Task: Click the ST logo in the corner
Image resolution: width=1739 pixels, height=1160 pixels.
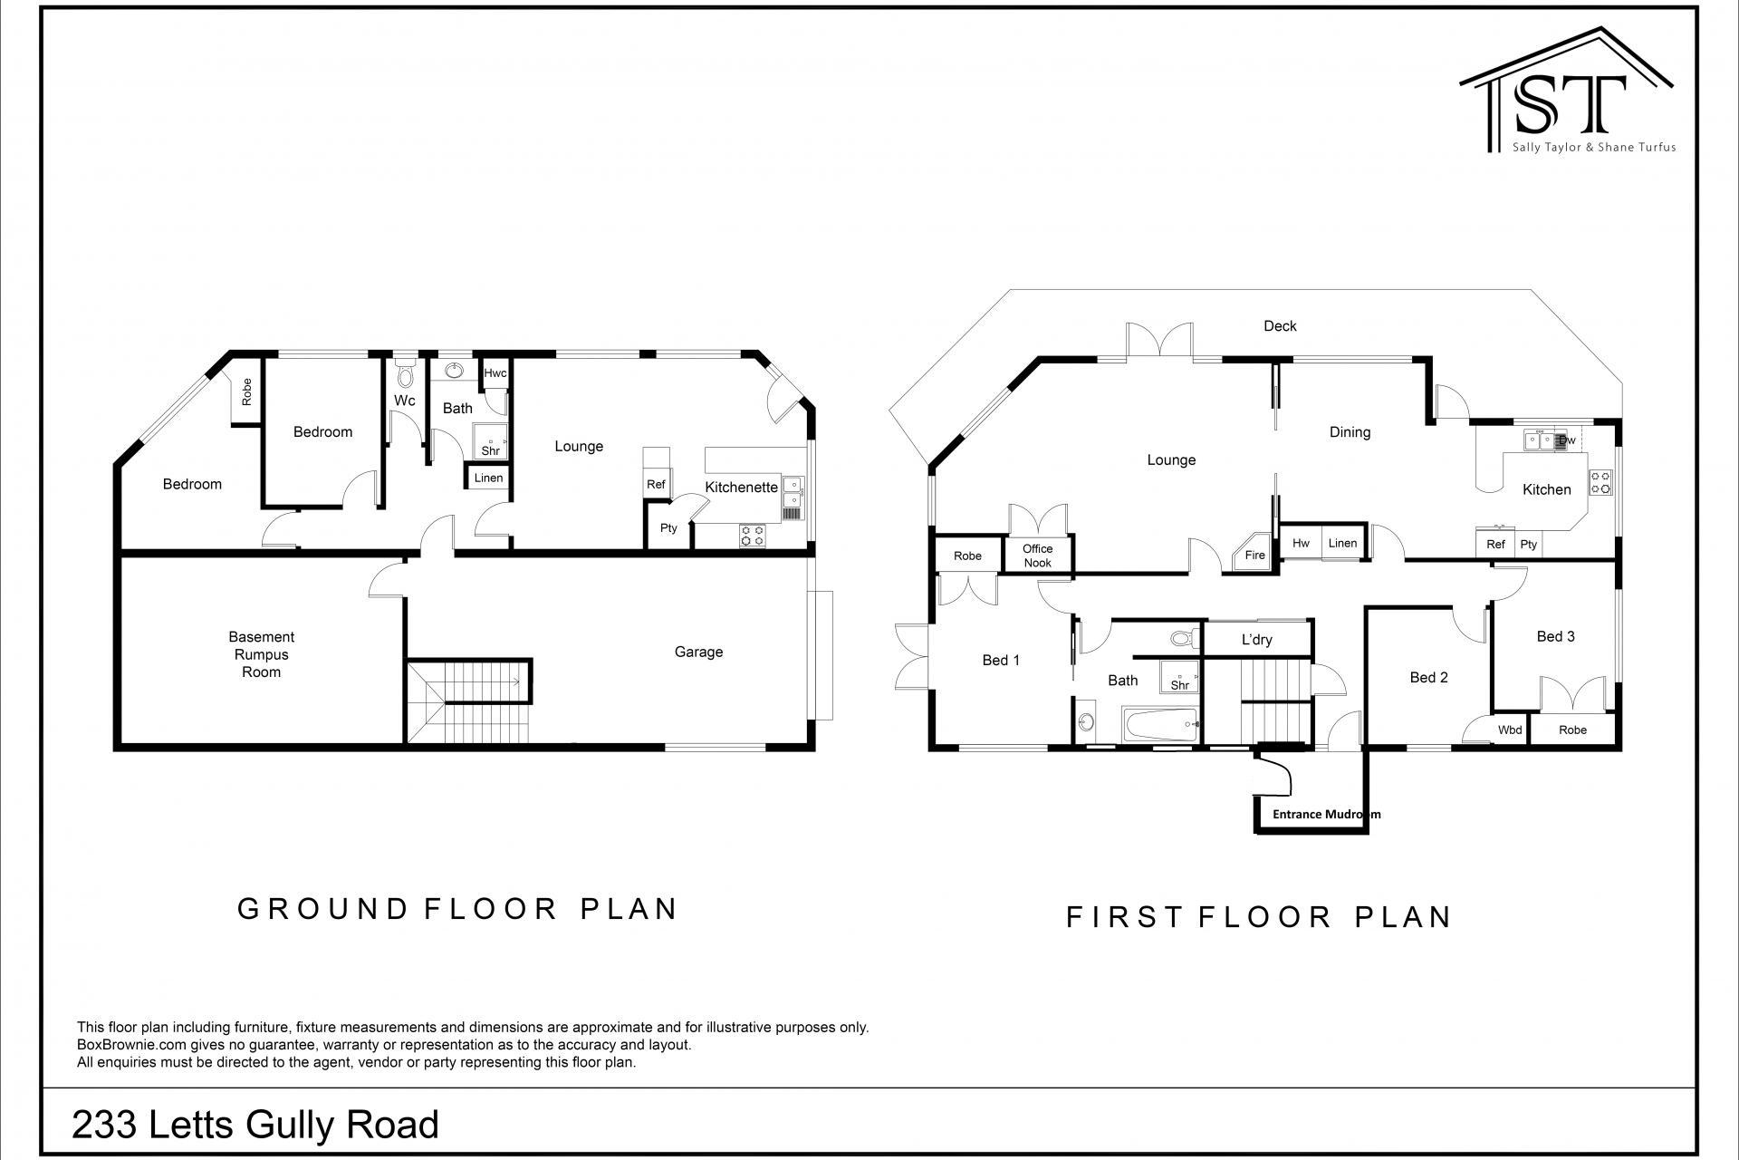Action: (x=1567, y=95)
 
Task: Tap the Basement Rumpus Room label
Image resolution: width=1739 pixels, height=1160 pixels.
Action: (x=261, y=654)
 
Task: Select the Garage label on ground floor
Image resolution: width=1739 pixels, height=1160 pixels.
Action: (x=698, y=652)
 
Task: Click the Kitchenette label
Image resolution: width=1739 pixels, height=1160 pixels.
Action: (x=741, y=488)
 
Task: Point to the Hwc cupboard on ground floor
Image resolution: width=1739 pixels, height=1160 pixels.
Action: (x=495, y=373)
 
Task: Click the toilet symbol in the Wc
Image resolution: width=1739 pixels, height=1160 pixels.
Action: (x=405, y=373)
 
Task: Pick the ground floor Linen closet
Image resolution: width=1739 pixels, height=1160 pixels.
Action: (x=488, y=478)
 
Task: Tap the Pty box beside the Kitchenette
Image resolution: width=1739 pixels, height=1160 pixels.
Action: (x=668, y=528)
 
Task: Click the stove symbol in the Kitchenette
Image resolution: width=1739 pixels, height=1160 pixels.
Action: (x=752, y=536)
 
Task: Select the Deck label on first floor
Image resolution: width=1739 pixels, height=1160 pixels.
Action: (x=1280, y=326)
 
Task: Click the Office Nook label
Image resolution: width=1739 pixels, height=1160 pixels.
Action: (x=1037, y=556)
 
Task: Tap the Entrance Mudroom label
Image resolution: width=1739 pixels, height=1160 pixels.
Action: (x=1326, y=814)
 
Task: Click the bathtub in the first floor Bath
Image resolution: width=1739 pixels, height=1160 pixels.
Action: (x=1162, y=725)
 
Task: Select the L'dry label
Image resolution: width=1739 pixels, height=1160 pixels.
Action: (x=1256, y=640)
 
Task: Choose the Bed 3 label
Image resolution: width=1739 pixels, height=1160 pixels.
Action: (x=1555, y=636)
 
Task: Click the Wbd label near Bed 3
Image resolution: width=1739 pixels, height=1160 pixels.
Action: (x=1509, y=730)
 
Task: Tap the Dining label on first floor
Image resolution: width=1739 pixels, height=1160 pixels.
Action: (x=1350, y=432)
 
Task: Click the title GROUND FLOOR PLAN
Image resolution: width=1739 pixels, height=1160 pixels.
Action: (x=457, y=909)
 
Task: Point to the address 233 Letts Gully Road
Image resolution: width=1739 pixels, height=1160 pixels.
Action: (x=255, y=1125)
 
